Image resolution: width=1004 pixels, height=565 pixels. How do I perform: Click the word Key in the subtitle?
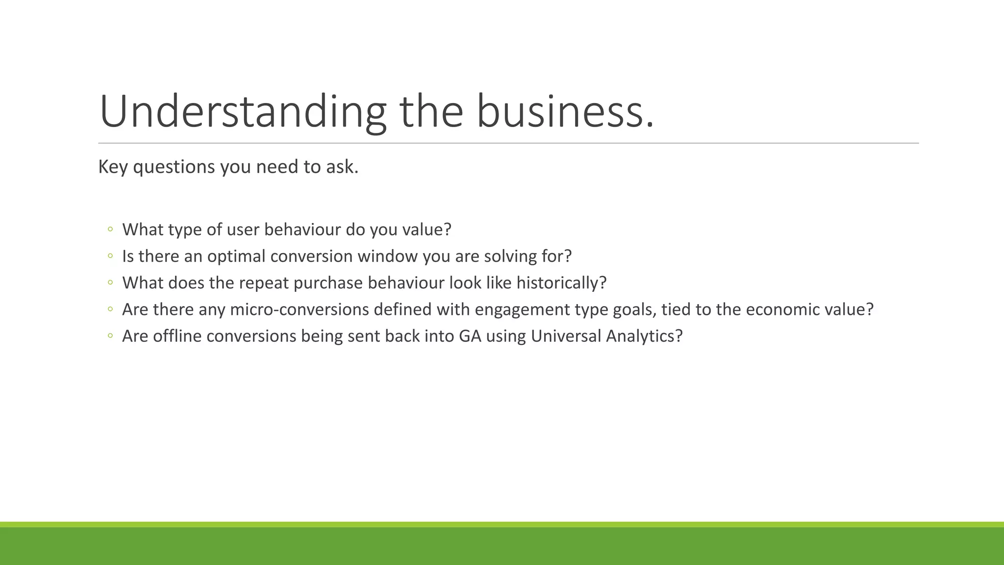pos(113,167)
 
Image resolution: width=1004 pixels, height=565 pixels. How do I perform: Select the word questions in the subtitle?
pos(174,167)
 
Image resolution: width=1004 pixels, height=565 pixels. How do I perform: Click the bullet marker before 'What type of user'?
pos(110,229)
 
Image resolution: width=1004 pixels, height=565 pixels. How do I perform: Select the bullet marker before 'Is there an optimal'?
pos(110,256)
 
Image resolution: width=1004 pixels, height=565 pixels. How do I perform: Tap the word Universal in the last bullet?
pos(566,336)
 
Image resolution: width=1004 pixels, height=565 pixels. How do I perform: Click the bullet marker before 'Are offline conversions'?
pos(110,336)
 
